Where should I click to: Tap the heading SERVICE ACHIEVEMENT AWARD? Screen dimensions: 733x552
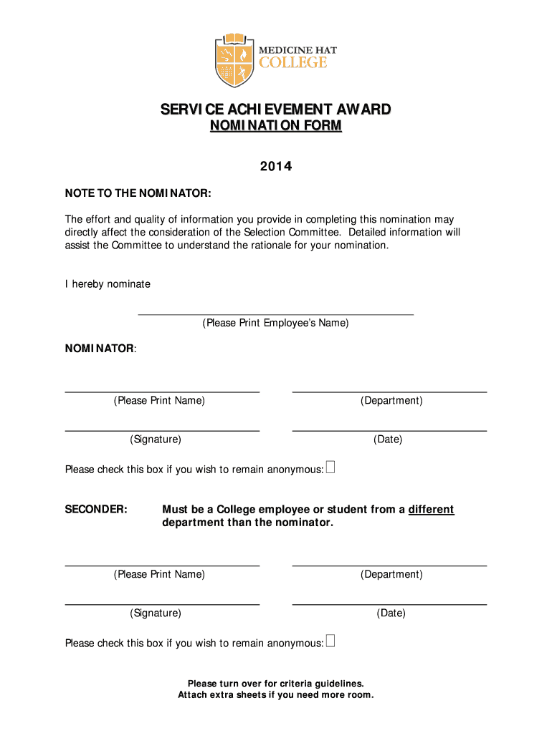pyautogui.click(x=275, y=110)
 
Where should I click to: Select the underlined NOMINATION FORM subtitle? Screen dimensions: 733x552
pyautogui.click(x=275, y=127)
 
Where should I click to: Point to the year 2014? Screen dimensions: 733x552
pyautogui.click(x=275, y=167)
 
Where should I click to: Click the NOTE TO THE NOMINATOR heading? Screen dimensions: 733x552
pyautogui.click(x=138, y=193)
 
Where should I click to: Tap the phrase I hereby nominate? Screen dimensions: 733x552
pyautogui.click(x=108, y=284)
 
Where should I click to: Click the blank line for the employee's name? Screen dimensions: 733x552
pyautogui.click(x=275, y=313)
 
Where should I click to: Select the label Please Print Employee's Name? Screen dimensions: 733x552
pyautogui.click(x=275, y=324)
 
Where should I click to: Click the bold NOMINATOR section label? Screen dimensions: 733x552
pyautogui.click(x=100, y=349)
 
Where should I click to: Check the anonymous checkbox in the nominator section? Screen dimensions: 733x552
pyautogui.click(x=330, y=468)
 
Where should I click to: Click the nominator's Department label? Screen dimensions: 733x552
pyautogui.click(x=391, y=401)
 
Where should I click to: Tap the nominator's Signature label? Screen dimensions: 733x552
pyautogui.click(x=156, y=440)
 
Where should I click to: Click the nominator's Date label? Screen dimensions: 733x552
pyautogui.click(x=388, y=440)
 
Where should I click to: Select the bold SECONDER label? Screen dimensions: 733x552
pyautogui.click(x=96, y=510)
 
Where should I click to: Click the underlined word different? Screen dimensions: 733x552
pyautogui.click(x=431, y=510)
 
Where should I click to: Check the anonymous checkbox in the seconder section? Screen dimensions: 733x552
pyautogui.click(x=330, y=641)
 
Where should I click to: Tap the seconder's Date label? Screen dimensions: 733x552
pyautogui.click(x=391, y=613)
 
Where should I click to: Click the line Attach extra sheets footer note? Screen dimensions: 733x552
pyautogui.click(x=275, y=695)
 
